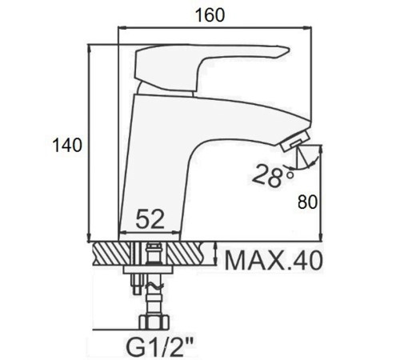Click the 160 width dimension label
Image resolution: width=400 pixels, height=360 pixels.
(210, 15)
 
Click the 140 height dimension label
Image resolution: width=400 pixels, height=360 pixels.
(67, 146)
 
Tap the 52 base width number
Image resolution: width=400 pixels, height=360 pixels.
(150, 219)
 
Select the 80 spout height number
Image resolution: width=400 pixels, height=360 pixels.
(307, 202)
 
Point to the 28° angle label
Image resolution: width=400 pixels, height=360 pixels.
(273, 175)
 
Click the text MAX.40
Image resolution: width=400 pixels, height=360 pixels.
(274, 261)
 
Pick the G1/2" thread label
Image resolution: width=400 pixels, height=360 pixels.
(159, 346)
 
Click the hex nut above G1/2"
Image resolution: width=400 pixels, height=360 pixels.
(154, 322)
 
